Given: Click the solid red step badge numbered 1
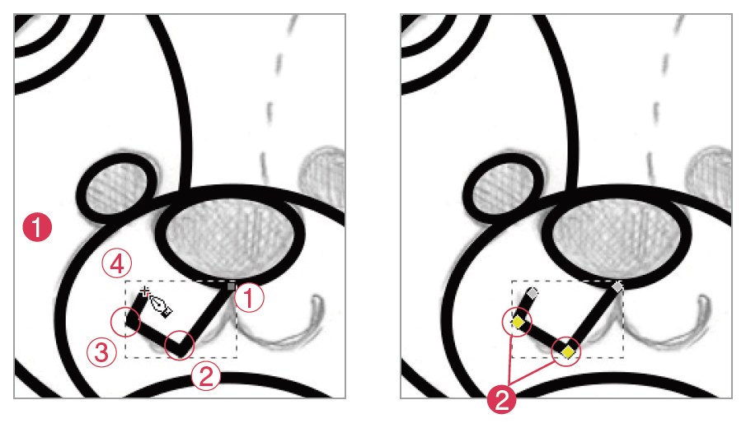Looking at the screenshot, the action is click(x=37, y=227).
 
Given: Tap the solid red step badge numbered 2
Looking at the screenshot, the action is click(x=501, y=400).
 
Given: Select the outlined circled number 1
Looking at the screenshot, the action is click(x=249, y=298).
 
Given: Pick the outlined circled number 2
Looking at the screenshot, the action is click(x=205, y=376).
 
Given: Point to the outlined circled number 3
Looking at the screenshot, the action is click(x=101, y=352).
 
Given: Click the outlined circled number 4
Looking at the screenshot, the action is click(x=117, y=263).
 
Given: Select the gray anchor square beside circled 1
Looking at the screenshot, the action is click(x=232, y=286).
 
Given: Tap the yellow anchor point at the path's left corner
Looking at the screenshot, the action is click(x=517, y=323).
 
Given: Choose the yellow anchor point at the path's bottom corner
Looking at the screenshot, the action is click(x=568, y=352).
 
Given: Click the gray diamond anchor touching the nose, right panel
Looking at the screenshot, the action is click(x=617, y=287).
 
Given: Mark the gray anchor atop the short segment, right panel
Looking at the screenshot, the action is click(x=533, y=293).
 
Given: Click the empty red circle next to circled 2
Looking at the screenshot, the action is click(x=180, y=345).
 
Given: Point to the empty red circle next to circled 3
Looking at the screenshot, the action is click(x=125, y=322).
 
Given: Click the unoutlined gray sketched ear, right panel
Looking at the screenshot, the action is click(x=709, y=179).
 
